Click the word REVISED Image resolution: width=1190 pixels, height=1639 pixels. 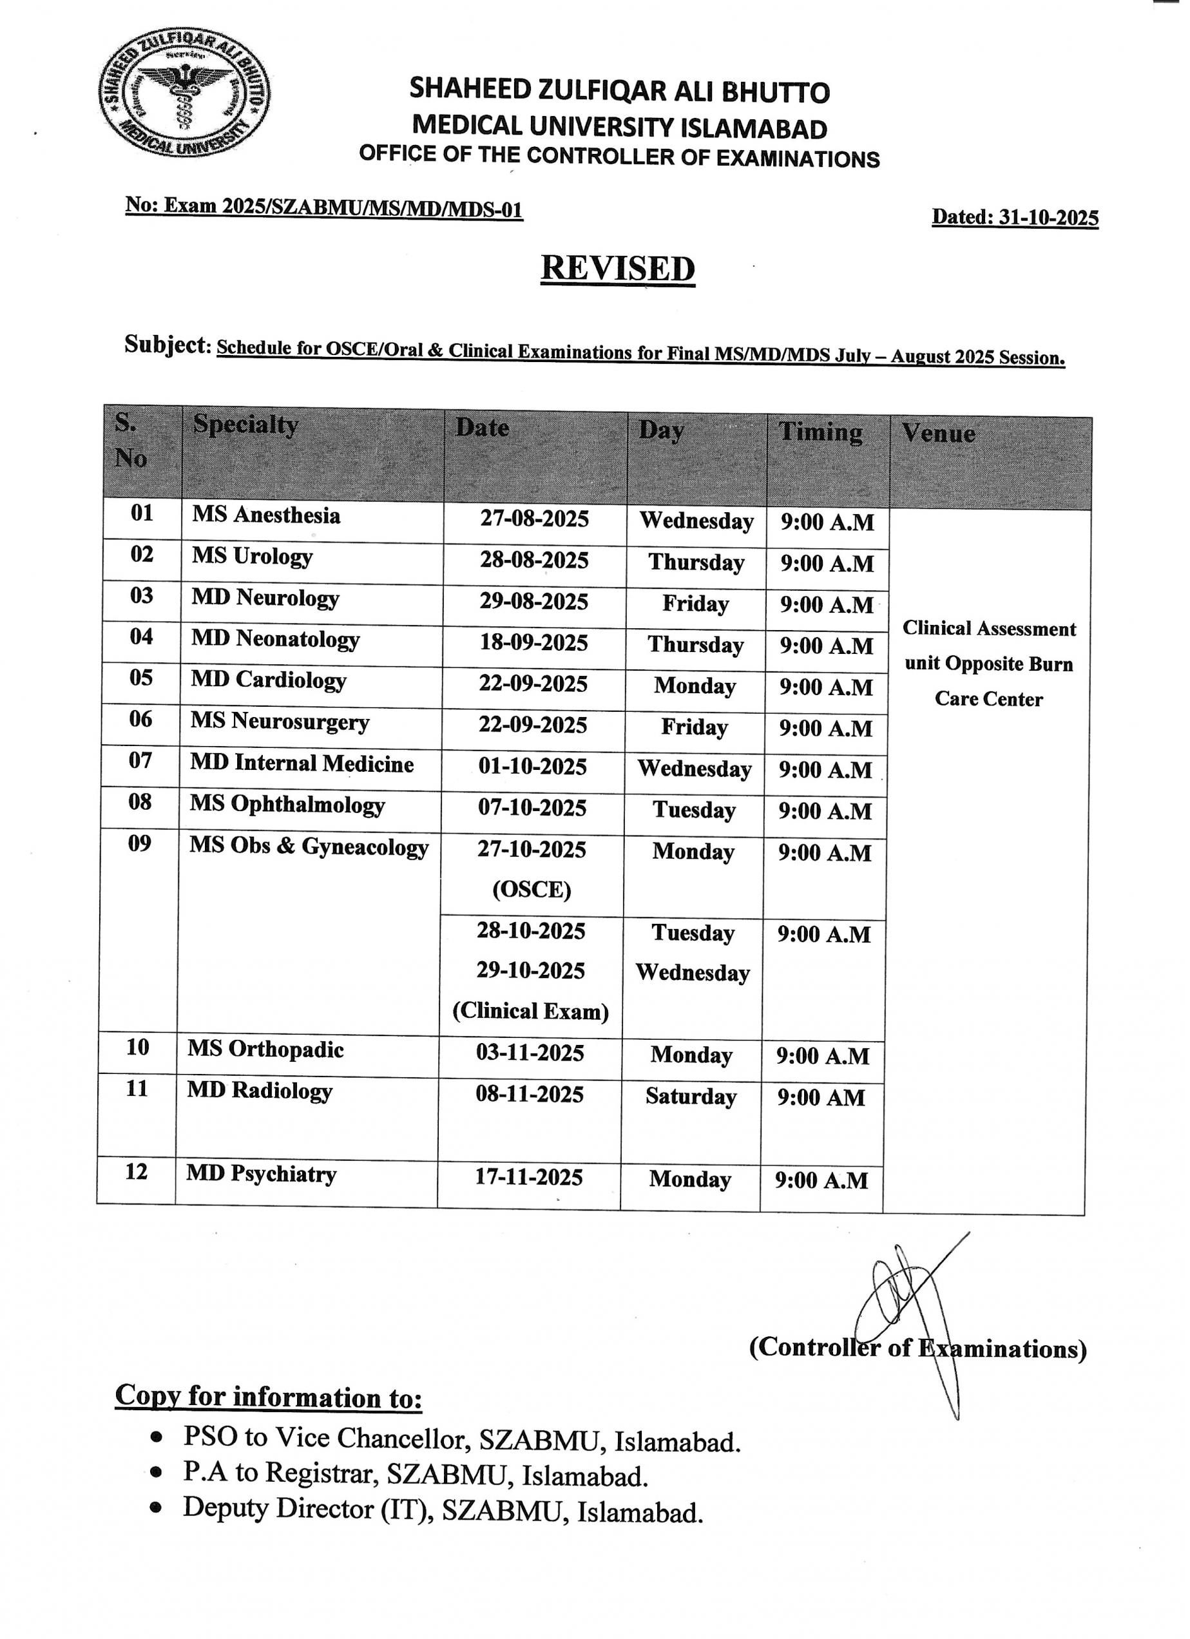pos(618,268)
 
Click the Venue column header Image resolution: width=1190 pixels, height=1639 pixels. pos(938,434)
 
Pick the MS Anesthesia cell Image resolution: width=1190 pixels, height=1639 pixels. pos(266,515)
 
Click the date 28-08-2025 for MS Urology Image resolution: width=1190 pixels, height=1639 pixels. pos(535,560)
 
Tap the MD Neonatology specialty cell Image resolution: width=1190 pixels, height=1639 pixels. pos(275,640)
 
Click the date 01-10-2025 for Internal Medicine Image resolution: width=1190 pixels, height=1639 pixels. pos(532,766)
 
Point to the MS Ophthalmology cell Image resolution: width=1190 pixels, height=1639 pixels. pos(287,805)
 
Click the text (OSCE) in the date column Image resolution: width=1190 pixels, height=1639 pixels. pos(532,890)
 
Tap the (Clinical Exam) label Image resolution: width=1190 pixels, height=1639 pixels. pos(530,1011)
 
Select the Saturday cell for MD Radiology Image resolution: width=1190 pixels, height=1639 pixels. pos(691,1097)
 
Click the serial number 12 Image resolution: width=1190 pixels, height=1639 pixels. pos(137,1171)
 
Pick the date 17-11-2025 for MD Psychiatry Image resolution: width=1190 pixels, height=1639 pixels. pos(529,1177)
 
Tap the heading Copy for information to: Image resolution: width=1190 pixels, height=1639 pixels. pos(269,1397)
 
